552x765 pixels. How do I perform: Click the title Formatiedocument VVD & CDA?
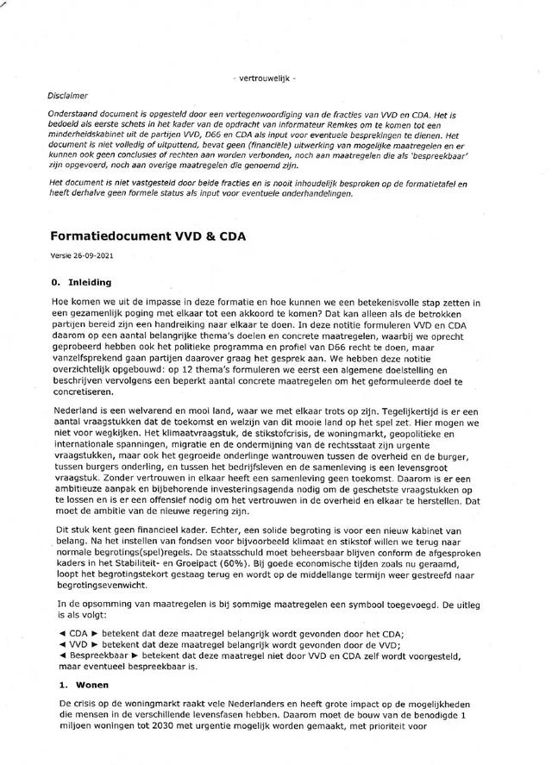143,235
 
